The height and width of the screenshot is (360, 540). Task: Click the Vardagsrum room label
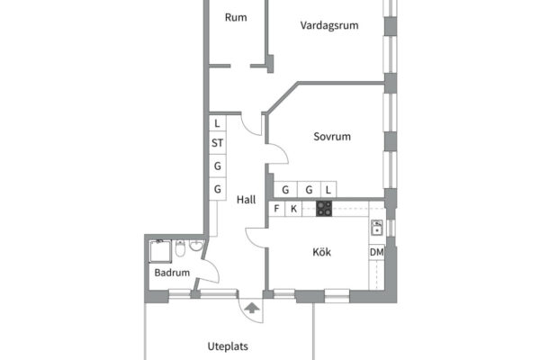[329, 25]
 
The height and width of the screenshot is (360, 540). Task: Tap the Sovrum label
[332, 137]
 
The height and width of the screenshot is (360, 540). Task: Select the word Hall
[247, 200]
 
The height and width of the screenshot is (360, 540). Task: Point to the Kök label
[321, 252]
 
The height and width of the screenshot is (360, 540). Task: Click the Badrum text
[172, 273]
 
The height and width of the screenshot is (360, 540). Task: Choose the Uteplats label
[228, 346]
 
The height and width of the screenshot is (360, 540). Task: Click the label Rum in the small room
[236, 17]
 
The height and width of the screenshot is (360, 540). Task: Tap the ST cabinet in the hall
[217, 142]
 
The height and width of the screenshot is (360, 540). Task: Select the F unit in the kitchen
[276, 209]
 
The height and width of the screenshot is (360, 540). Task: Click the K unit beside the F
[293, 209]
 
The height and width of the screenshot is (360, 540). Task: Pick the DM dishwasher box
[377, 252]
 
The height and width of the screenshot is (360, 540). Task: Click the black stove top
[324, 209]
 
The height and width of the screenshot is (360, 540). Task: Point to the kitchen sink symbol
[377, 228]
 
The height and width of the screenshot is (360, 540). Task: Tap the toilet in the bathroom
[180, 248]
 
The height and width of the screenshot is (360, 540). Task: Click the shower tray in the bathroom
[160, 251]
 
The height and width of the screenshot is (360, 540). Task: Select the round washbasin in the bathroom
[196, 246]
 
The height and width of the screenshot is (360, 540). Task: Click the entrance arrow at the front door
[252, 308]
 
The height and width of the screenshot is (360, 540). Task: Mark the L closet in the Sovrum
[328, 190]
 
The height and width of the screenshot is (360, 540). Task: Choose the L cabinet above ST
[217, 123]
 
